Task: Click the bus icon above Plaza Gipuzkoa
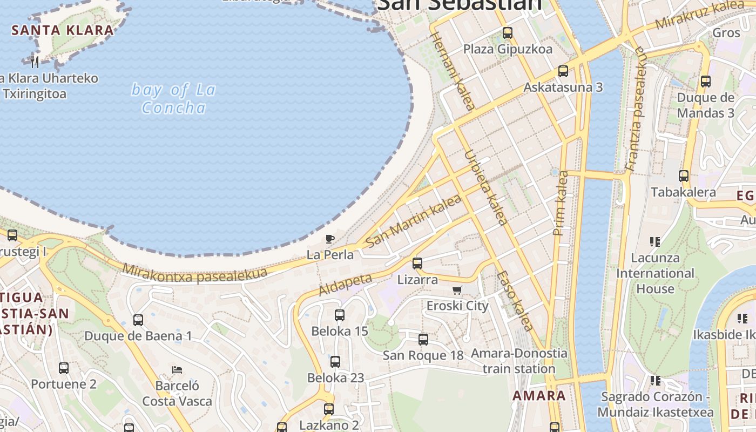[x=507, y=32]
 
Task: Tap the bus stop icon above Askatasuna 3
[x=563, y=71]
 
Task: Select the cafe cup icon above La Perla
[x=330, y=238]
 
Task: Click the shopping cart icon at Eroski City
[x=457, y=290]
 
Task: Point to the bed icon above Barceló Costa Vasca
[x=177, y=370]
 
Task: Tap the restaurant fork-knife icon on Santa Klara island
[x=35, y=62]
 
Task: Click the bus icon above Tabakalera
[x=683, y=175]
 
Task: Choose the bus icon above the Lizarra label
[x=417, y=264]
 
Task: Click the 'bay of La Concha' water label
[x=173, y=98]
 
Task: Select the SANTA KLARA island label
[x=63, y=30]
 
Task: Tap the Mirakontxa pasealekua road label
[x=194, y=273]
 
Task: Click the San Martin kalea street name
[x=414, y=221]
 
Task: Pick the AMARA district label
[x=539, y=395]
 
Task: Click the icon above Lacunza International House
[x=655, y=241]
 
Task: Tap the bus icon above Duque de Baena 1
[x=138, y=320]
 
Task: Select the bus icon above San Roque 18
[x=423, y=339]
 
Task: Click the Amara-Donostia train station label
[x=519, y=361]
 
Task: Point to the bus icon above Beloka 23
[x=335, y=361]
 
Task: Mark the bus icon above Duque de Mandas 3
[x=705, y=82]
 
